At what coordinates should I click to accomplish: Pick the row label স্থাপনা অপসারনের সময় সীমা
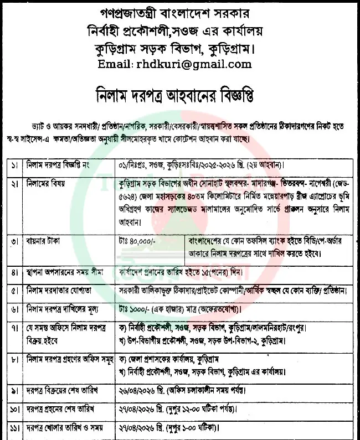(66, 272)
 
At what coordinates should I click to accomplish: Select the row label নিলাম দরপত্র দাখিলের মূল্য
(66, 308)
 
